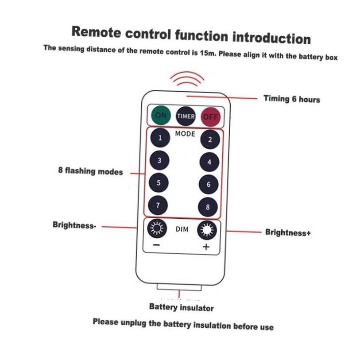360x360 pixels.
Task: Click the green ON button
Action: pos(161,116)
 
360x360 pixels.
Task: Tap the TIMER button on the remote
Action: pos(186,116)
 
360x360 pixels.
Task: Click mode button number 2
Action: pos(210,140)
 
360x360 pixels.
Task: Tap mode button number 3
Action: pos(159,160)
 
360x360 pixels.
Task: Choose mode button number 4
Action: pos(209,162)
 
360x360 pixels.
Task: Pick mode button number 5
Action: pos(159,182)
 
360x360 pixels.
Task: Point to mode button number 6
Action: pos(209,184)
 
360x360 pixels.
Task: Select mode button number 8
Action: pos(208,207)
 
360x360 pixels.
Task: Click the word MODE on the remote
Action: pos(185,134)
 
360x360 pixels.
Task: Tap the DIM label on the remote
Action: pos(182,229)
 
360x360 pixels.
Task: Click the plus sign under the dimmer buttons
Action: pos(206,247)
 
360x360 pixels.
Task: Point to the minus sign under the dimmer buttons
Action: pos(157,244)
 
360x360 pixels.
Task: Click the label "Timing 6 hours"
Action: pos(291,99)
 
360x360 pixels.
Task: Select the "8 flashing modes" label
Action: pos(90,170)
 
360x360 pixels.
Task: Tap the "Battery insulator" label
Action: pos(181,307)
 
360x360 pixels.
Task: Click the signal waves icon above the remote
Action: pos(187,80)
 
